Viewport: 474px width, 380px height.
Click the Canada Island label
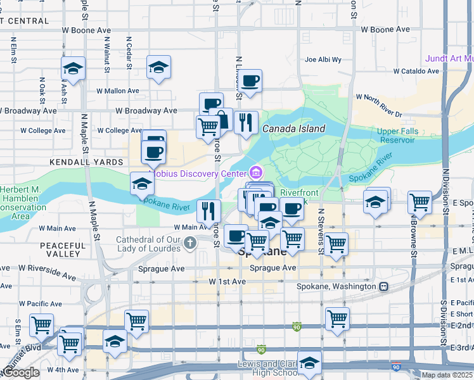294,129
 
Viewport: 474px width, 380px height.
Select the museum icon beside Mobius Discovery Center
256,172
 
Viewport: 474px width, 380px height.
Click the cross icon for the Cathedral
190,243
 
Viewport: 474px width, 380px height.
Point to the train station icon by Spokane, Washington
384,286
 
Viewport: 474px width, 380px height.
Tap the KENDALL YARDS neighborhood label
87,163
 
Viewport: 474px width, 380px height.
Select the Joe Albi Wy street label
323,60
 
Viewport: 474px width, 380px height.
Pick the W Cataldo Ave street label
416,72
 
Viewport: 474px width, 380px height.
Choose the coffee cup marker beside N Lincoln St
250,80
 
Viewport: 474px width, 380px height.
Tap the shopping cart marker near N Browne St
420,202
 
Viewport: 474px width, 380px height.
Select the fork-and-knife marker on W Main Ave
208,210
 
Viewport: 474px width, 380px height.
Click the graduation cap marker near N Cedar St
158,67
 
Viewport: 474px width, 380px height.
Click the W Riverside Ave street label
47,273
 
